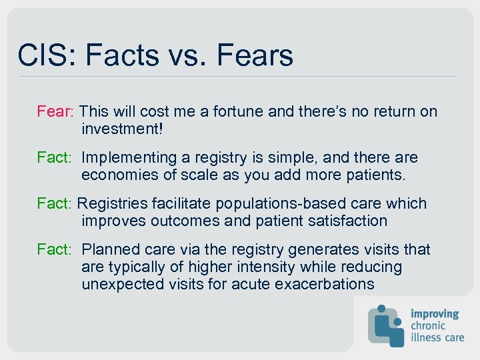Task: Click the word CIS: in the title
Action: click(45, 55)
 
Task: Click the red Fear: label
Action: click(58, 111)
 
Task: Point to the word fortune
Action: click(239, 111)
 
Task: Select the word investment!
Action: click(121, 129)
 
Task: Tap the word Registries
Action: click(113, 203)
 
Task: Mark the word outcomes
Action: click(175, 221)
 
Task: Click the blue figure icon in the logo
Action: click(387, 325)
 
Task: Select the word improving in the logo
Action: click(435, 313)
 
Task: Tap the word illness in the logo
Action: click(427, 337)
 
